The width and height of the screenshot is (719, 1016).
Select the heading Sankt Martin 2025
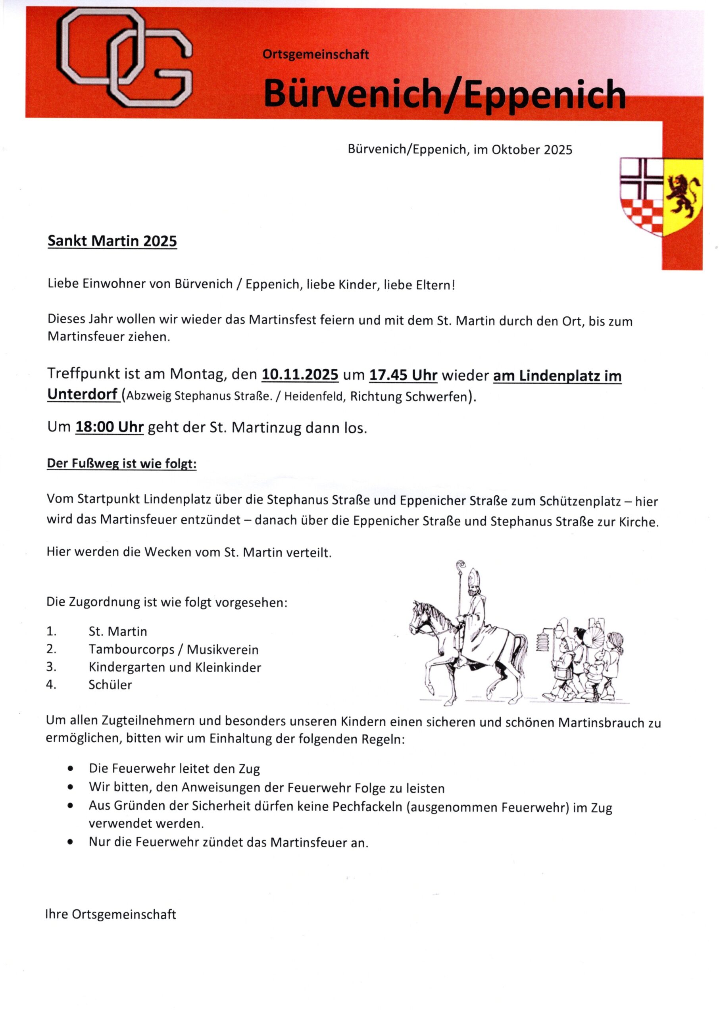coord(112,241)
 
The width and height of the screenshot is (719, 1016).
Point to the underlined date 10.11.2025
coord(300,375)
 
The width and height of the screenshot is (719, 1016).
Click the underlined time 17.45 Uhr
coord(403,375)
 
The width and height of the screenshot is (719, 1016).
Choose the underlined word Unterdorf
coord(83,394)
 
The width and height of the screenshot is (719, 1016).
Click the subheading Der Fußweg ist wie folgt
coord(121,464)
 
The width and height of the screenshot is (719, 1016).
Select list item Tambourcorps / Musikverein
coord(173,649)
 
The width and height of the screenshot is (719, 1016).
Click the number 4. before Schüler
coord(51,685)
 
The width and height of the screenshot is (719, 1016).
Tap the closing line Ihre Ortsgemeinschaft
coord(111,914)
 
